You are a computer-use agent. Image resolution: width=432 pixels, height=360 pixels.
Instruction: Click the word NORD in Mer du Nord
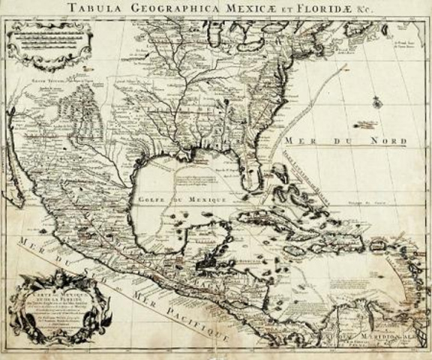click(x=388, y=140)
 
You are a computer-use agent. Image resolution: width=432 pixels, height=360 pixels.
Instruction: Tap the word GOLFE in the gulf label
click(x=154, y=198)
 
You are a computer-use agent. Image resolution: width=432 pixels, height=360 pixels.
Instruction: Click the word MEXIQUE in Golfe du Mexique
click(x=203, y=199)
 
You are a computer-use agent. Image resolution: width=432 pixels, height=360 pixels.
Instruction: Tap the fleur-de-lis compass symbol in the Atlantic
click(x=373, y=95)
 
